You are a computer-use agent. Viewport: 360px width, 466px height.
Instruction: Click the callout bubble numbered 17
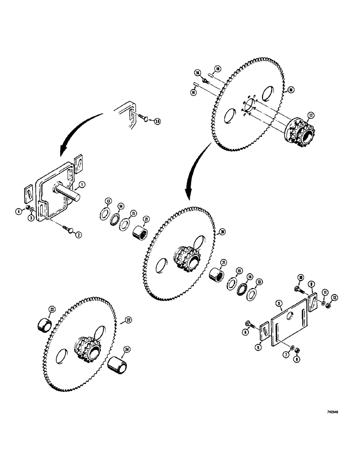click(x=310, y=115)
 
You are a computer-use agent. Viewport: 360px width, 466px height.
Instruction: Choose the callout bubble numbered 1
click(x=82, y=184)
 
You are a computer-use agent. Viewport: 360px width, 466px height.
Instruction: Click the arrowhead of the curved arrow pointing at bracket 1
click(x=60, y=154)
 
